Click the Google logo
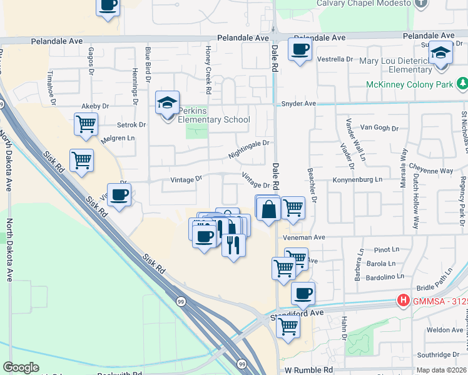tap(21, 367)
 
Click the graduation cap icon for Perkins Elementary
tap(168, 102)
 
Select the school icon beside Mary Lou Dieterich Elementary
tap(440, 53)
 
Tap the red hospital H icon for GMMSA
tap(404, 301)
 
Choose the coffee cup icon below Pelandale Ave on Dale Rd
tap(300, 49)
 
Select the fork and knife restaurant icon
tap(233, 244)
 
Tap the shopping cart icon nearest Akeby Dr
tap(86, 123)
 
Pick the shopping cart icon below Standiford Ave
tap(288, 326)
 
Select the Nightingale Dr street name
tap(248, 147)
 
